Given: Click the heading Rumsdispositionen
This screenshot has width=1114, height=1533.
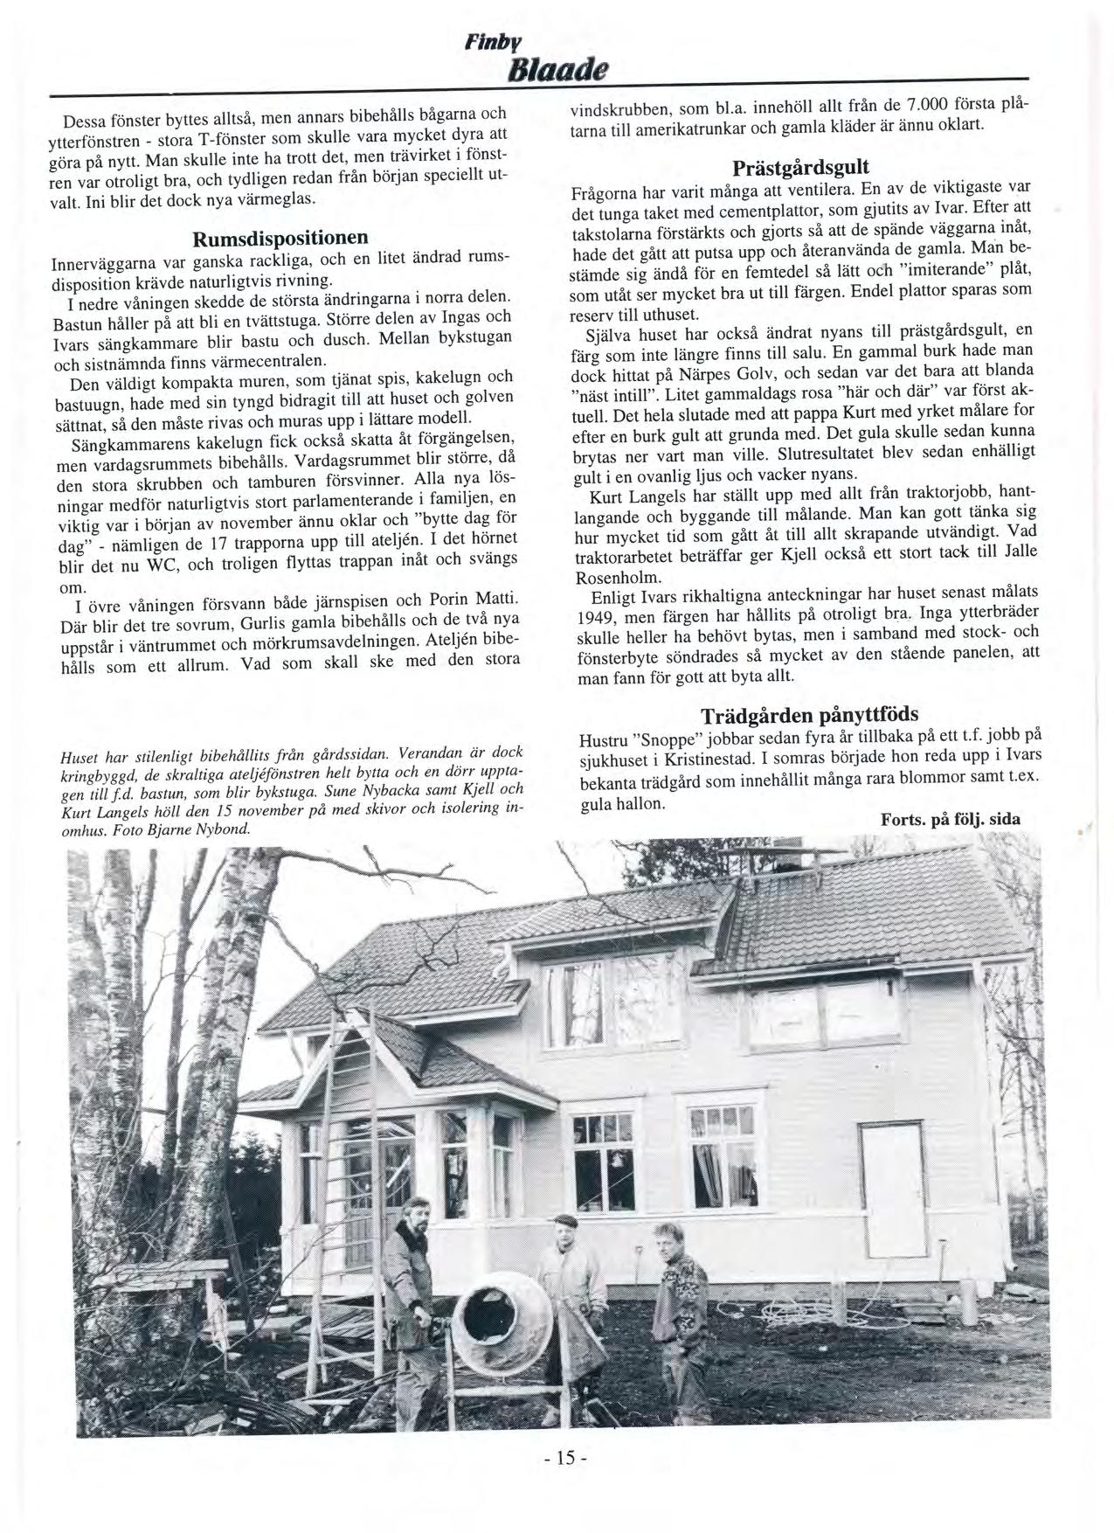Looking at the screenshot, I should [x=280, y=237].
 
